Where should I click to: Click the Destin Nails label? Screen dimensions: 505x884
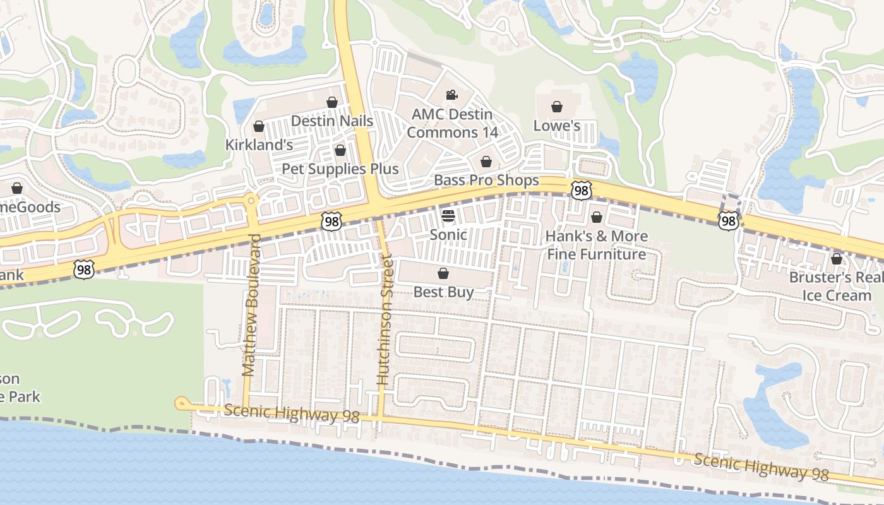331,121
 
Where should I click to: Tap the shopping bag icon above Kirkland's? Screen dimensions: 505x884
258,126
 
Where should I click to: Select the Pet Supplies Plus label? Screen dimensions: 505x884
340,169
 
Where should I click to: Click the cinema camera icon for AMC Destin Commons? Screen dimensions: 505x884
451,95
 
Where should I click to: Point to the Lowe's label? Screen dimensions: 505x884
556,125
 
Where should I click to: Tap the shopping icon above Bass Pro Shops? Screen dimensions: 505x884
486,162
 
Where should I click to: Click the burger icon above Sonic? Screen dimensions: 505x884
448,216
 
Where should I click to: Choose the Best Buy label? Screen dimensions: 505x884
443,292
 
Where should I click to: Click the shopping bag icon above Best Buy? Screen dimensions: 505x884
443,273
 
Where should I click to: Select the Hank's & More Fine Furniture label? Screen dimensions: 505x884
597,245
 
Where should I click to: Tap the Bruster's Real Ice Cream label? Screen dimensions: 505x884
837,286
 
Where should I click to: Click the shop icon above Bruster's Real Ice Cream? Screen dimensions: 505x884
837,259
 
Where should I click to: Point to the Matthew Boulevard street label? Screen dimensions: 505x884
251,306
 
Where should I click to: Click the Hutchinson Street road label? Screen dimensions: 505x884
385,319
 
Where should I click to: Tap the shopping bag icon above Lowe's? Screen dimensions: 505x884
557,107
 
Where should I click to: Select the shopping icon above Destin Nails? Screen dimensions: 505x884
332,102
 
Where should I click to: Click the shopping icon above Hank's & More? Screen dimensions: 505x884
597,218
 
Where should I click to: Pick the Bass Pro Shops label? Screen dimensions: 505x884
486,181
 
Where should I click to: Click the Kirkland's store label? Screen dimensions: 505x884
259,145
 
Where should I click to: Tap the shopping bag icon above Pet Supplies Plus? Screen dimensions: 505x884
340,150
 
